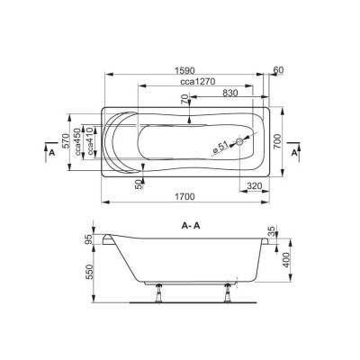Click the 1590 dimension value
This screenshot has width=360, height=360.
click(x=184, y=70)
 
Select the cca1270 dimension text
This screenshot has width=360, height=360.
click(x=198, y=82)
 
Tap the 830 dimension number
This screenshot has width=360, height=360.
click(x=230, y=93)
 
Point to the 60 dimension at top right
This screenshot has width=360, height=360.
click(x=279, y=70)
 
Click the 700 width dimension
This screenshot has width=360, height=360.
click(x=277, y=141)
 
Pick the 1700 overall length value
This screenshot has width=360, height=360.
click(x=184, y=197)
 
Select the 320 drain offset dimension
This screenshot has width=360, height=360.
click(x=255, y=186)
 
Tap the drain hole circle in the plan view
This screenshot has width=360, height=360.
click(x=239, y=141)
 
